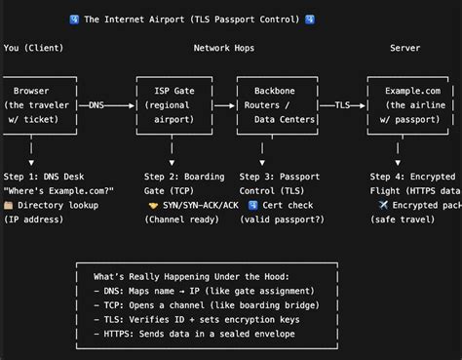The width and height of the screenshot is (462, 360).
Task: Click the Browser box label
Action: click(32, 91)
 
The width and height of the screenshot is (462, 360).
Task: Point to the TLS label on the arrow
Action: click(342, 104)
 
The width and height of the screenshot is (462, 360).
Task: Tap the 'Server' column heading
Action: click(404, 46)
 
